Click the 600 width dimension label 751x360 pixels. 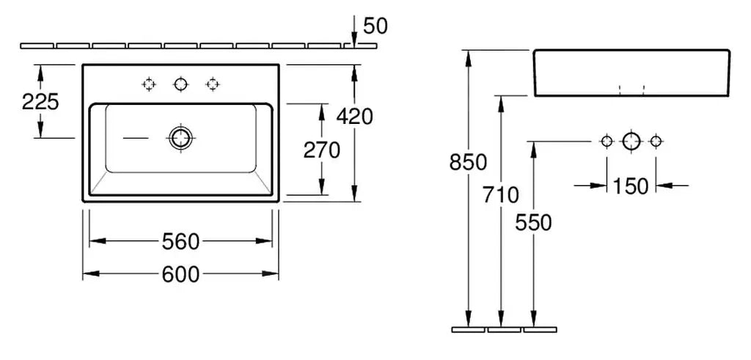180,274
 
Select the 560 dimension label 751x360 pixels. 180,240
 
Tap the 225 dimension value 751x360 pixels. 40,101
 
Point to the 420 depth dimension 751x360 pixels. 355,116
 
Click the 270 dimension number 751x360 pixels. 322,150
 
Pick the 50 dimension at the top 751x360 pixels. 375,26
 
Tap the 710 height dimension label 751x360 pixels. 501,195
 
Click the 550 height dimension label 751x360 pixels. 533,222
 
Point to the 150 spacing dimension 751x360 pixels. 631,186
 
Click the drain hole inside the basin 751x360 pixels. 180,136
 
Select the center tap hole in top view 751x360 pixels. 180,84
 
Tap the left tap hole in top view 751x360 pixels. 149,84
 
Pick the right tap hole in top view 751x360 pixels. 213,84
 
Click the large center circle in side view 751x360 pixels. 631,141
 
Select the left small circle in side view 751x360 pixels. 607,141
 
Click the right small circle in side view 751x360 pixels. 656,141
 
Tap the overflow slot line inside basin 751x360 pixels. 135,137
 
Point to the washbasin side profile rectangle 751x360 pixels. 631,73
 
